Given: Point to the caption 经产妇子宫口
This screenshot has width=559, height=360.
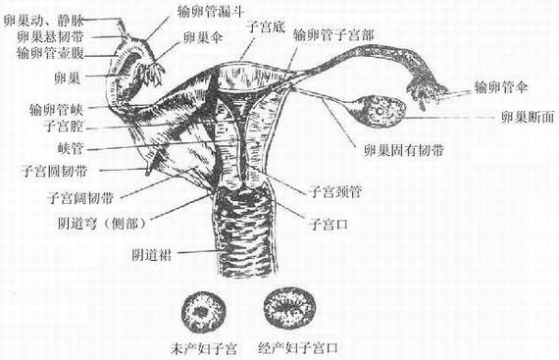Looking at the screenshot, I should coord(299,348).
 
